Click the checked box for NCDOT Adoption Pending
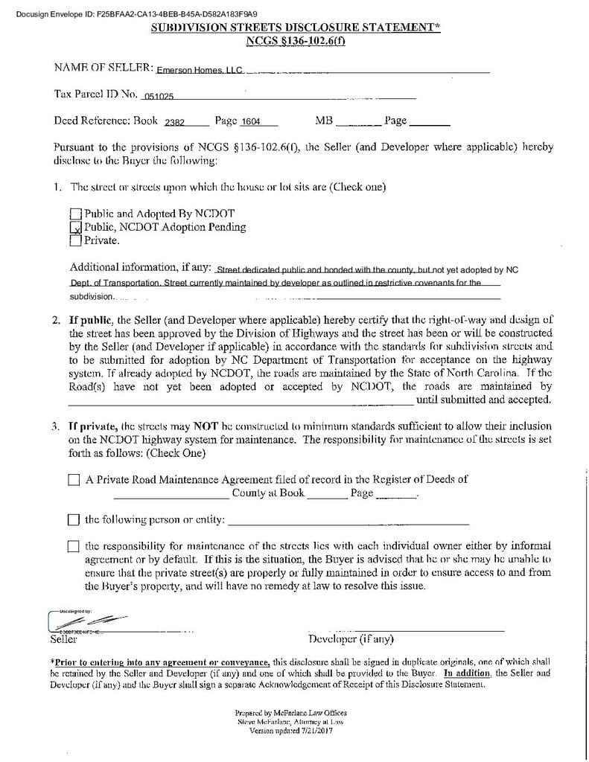(75, 228)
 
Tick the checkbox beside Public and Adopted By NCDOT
(75, 214)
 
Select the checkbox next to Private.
(75, 240)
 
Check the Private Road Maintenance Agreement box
(74, 481)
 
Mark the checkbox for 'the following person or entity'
(74, 519)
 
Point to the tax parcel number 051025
(159, 97)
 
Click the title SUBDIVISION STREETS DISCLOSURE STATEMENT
(296, 28)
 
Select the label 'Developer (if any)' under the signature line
(351, 639)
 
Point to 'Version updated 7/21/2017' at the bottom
(290, 731)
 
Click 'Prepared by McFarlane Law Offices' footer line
(290, 713)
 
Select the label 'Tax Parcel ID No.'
(96, 95)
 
